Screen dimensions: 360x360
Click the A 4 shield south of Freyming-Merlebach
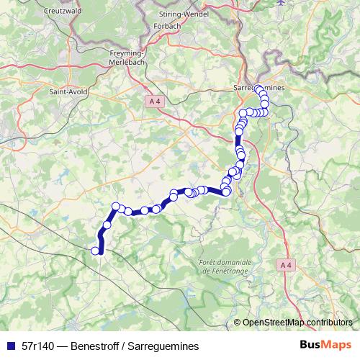point(150,102)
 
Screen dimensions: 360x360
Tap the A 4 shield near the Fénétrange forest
point(285,266)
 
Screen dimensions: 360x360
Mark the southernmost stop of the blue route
point(95,251)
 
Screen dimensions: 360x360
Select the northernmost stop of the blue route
point(258,88)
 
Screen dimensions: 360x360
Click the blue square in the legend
point(9,346)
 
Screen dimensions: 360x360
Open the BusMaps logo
point(325,346)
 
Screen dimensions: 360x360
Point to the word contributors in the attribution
point(330,322)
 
